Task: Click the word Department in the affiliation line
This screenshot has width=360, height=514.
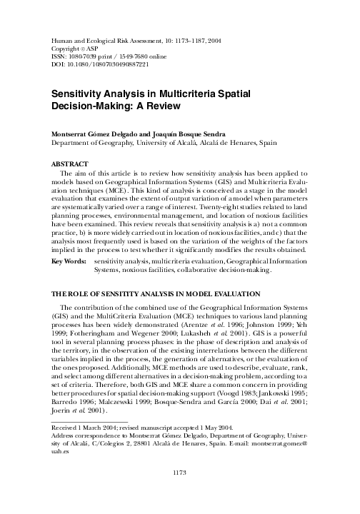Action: click(x=74, y=142)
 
